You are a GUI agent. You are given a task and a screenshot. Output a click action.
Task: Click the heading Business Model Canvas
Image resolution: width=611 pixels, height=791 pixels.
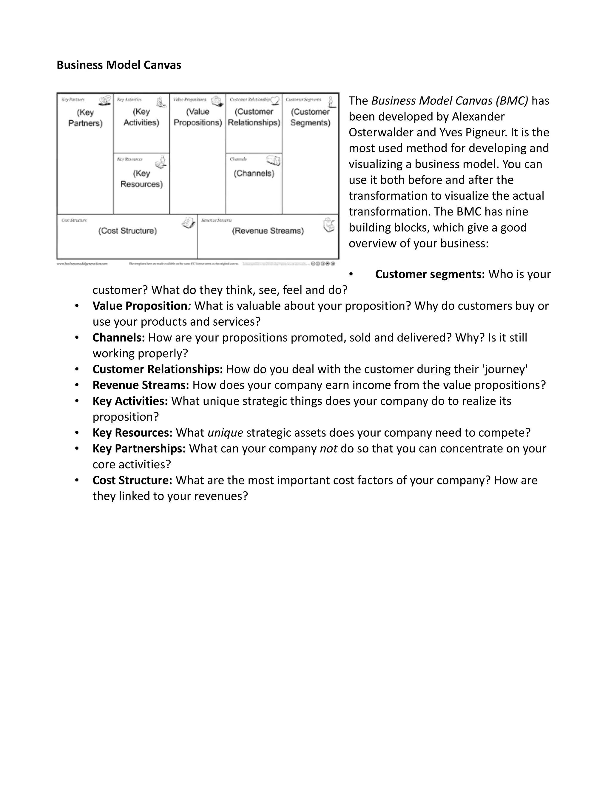[119, 65]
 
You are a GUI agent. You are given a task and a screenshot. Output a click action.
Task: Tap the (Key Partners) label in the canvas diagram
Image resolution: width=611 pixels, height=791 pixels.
[85, 118]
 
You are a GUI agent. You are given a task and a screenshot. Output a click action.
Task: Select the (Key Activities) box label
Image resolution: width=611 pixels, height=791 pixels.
[141, 117]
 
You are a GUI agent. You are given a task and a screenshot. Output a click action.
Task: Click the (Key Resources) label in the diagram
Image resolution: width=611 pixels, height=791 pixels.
[141, 179]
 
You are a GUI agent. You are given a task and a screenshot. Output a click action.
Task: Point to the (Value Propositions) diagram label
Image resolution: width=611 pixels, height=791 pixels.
[198, 117]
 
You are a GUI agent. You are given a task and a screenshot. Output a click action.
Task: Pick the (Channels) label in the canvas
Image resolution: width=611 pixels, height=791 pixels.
[254, 173]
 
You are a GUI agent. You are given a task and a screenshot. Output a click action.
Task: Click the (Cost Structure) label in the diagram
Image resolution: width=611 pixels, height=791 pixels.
[127, 231]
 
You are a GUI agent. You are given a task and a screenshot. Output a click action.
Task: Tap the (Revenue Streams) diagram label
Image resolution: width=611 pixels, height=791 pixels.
[268, 231]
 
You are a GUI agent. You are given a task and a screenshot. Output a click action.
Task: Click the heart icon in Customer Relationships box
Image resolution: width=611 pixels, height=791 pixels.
[275, 100]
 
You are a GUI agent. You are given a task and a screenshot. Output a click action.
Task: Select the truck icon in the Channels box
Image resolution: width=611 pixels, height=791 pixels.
[273, 160]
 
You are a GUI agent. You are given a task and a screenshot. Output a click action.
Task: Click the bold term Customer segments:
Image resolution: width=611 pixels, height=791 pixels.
[430, 275]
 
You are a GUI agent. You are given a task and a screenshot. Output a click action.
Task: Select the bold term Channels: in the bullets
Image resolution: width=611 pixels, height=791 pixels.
[119, 338]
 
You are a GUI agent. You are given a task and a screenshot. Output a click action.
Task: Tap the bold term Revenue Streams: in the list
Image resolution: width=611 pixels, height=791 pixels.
[141, 385]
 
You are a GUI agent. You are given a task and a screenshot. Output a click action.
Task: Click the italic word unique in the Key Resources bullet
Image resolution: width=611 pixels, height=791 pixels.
[225, 433]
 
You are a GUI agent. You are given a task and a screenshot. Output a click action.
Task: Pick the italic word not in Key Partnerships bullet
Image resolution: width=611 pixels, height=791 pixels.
[328, 449]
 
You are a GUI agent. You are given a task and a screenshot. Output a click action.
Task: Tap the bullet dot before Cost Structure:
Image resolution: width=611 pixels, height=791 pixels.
[77, 480]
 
